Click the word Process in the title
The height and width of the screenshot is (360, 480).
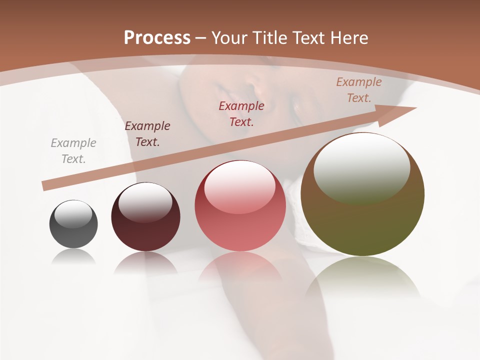(x=157, y=38)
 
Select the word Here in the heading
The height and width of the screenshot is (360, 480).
(x=348, y=38)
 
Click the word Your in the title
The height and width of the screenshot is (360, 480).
(x=229, y=38)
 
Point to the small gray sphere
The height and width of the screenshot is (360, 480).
(x=73, y=224)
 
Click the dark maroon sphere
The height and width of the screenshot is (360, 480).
(x=145, y=220)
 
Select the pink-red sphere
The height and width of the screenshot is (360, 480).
(x=240, y=210)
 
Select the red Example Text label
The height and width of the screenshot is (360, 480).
(x=241, y=113)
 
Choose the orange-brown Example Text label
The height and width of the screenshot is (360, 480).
(x=359, y=90)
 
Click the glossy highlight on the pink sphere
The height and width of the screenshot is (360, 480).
(x=239, y=185)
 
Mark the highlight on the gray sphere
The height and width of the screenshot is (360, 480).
(x=73, y=214)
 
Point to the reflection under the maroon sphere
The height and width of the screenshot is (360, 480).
(x=145, y=262)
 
